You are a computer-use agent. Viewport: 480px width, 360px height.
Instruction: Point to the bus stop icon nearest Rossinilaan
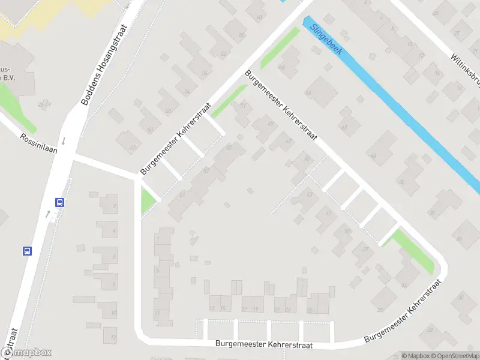[x=59, y=202]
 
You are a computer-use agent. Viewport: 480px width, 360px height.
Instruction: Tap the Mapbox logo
[x=26, y=353]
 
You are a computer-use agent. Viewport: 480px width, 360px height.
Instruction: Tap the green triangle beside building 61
[x=146, y=200]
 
